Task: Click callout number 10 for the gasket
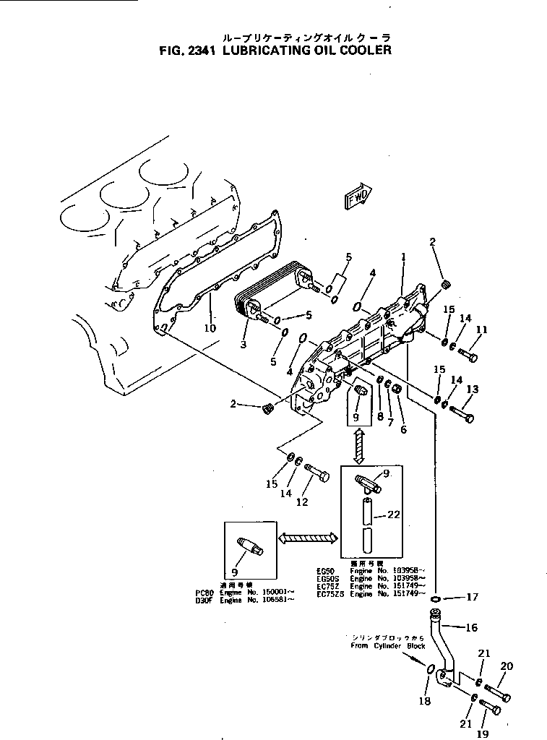(210, 327)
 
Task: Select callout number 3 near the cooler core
(244, 345)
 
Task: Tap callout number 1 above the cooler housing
(403, 256)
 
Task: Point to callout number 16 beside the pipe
(471, 628)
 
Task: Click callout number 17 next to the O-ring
(472, 598)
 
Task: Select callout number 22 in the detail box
(392, 515)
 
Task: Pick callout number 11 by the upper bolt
(481, 330)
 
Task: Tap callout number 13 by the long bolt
(472, 390)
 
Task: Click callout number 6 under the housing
(403, 429)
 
